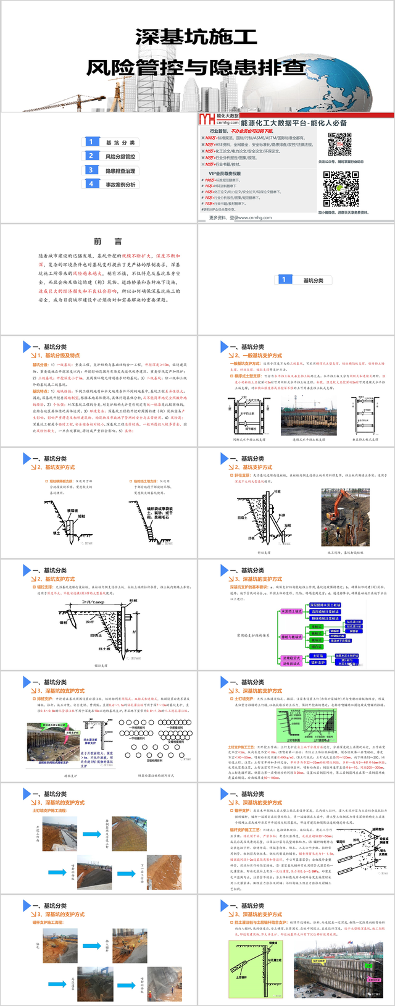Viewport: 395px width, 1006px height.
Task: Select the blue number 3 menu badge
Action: tap(91, 170)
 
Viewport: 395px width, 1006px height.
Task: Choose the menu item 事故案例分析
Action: tap(120, 185)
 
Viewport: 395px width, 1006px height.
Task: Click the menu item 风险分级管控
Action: tap(120, 157)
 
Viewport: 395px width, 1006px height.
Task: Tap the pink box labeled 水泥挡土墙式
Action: tap(291, 611)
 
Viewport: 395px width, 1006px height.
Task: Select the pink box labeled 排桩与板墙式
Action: tap(291, 637)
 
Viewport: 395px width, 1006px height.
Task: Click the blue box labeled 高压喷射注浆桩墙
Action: tap(325, 612)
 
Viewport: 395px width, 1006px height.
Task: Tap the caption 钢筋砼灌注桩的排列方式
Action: tap(156, 776)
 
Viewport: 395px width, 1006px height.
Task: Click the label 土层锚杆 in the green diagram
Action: tap(241, 978)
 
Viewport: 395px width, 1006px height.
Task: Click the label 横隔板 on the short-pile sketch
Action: tap(72, 511)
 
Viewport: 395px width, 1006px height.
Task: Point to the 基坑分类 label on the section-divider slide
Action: tap(313, 280)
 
